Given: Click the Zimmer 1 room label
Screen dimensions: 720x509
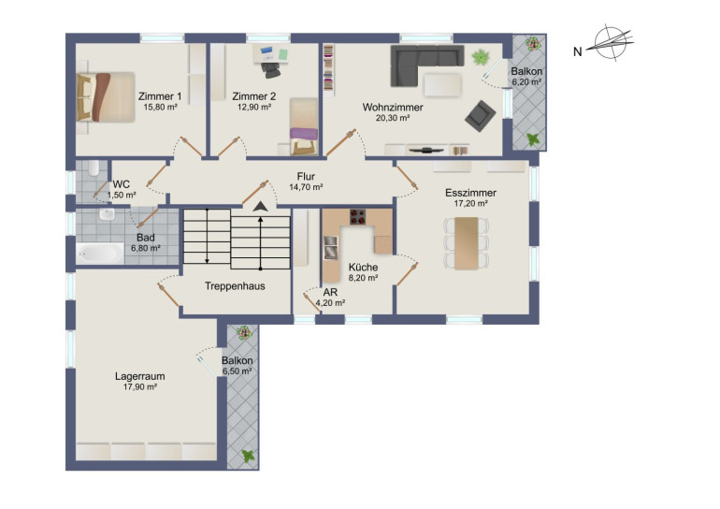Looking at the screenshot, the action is coord(160,96).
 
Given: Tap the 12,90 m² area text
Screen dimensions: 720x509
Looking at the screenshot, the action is coord(254,107).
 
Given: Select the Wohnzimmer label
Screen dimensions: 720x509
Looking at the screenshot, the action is coord(393,107).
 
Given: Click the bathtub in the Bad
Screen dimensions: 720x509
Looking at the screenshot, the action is coord(100,254).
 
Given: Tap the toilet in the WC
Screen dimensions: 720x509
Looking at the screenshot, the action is coord(94,168).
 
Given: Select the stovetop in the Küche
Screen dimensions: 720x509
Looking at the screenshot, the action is coord(358,217).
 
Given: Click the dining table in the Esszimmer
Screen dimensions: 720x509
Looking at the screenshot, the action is coord(466,243).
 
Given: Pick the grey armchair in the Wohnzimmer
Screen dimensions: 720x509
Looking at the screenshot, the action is coord(481,116).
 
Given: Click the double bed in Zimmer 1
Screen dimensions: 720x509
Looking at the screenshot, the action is coord(105,97).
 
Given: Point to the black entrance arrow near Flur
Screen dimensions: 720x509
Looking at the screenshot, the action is coord(260,206).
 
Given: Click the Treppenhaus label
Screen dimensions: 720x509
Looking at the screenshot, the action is coord(235,286).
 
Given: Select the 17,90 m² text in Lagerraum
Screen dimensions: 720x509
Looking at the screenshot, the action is coord(140,386).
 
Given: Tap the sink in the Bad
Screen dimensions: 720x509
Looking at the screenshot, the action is coord(107,215).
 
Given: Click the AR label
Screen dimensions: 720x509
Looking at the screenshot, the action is coord(330,292).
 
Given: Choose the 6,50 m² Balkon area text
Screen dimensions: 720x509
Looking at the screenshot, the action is coord(237,371).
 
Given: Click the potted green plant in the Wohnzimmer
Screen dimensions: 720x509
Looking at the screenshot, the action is coord(481,57).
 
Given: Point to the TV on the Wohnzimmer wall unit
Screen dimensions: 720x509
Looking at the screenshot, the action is coord(427,150).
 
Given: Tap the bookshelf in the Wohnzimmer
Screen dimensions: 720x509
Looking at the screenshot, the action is coord(328,70).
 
